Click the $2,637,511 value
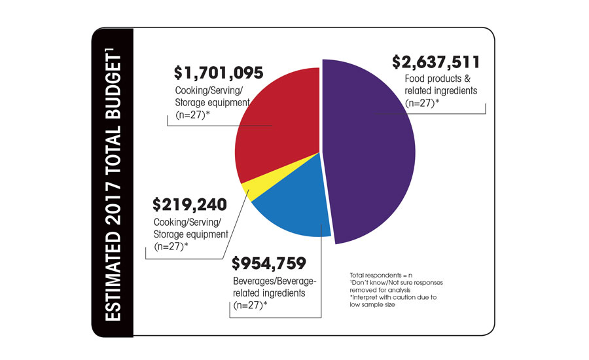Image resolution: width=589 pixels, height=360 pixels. pyautogui.click(x=436, y=62)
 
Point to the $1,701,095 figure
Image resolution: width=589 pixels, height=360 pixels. pyautogui.click(x=219, y=72)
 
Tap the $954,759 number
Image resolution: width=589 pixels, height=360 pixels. pyautogui.click(x=269, y=264)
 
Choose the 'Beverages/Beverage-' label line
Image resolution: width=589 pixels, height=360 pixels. pyautogui.click(x=274, y=281)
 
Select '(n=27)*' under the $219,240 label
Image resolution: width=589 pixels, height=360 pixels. pyautogui.click(x=171, y=247)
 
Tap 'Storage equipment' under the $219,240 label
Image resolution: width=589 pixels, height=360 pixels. pyautogui.click(x=190, y=234)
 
